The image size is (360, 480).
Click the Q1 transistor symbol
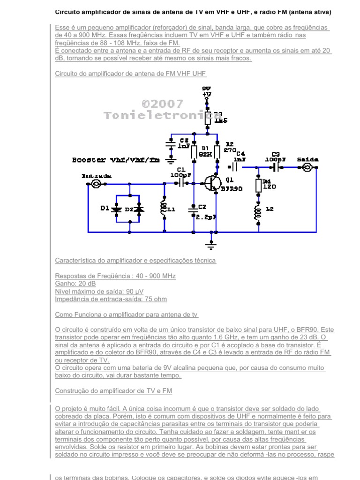click(213, 184)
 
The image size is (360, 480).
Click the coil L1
click(164, 210)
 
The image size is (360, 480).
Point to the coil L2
click(258, 211)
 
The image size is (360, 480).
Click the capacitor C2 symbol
click(193, 210)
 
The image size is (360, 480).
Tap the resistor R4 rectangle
click(258, 185)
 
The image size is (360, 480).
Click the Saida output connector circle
click(308, 167)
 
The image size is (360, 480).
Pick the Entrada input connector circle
click(96, 184)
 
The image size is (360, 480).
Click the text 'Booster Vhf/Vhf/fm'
click(115, 160)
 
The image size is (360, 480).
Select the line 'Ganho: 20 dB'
click(75, 284)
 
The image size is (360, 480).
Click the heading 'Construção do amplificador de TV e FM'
click(113, 390)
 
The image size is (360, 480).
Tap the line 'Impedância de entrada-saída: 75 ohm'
click(111, 299)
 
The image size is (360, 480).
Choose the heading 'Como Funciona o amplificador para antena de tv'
click(127, 315)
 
